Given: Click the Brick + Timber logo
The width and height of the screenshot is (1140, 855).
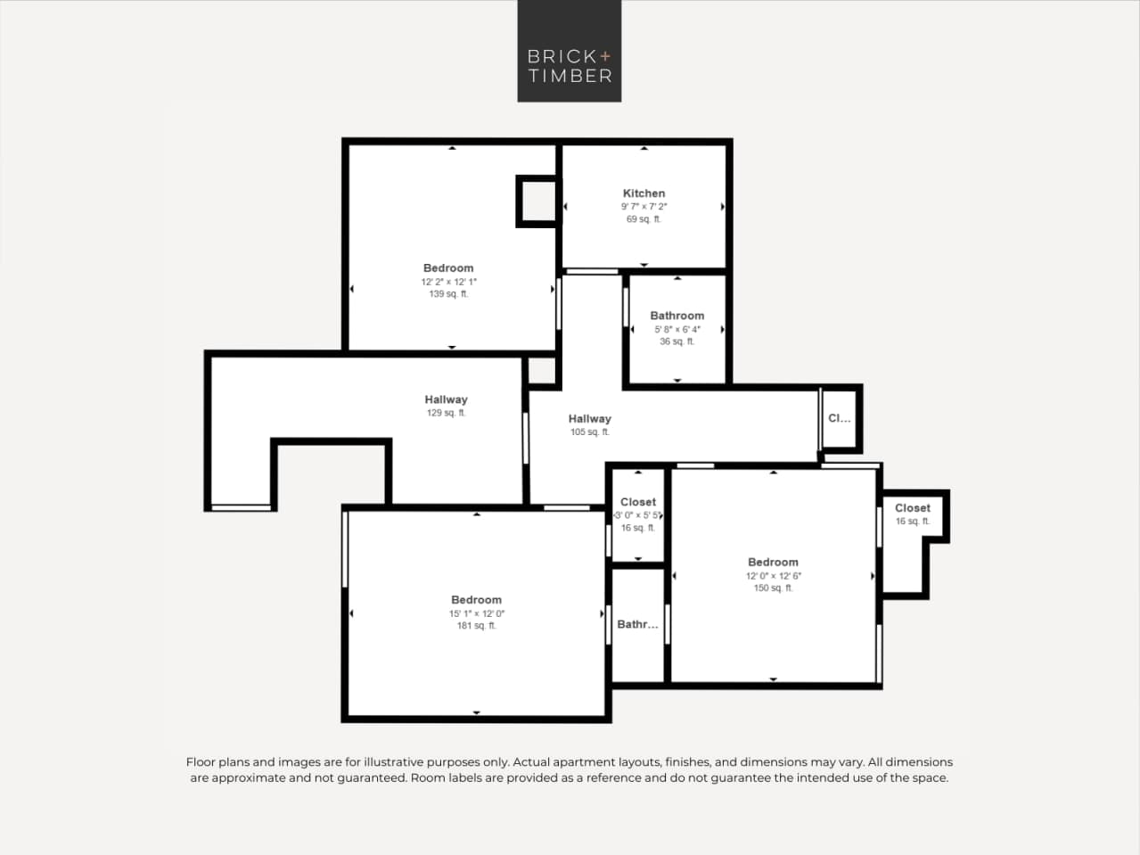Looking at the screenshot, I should [x=570, y=51].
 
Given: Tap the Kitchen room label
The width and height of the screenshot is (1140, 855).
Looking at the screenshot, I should [x=644, y=193].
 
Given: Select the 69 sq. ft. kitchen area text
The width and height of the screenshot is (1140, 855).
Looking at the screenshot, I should [x=644, y=219].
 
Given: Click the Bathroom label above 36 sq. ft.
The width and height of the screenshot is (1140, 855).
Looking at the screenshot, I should [x=677, y=316].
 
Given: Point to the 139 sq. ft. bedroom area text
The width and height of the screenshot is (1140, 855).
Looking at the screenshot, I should [x=448, y=294].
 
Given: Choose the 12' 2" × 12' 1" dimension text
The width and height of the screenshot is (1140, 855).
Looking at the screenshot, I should [x=448, y=282].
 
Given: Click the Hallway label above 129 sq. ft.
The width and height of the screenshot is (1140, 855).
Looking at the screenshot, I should [x=446, y=399].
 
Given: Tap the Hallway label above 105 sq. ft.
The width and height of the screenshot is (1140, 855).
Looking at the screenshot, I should [x=589, y=419].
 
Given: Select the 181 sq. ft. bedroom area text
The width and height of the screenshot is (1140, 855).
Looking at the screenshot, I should [x=476, y=626].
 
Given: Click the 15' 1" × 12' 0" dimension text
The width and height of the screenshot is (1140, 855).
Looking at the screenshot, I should [x=476, y=613].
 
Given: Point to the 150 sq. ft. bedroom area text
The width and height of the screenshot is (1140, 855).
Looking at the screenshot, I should [x=773, y=588].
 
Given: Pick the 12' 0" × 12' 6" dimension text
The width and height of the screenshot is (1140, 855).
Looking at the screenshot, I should [x=773, y=576].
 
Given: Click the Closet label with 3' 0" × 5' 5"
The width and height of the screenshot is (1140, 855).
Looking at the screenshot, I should [x=637, y=503].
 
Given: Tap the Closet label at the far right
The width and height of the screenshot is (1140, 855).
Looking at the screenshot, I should [x=912, y=508].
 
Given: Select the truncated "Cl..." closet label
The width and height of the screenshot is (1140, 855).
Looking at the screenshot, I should [x=839, y=418].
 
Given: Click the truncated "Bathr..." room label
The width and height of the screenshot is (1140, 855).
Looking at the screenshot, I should [x=637, y=624].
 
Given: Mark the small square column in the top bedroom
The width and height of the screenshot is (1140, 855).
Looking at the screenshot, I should [x=537, y=201].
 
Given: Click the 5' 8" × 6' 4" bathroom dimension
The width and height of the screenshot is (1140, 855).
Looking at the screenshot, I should [x=677, y=329].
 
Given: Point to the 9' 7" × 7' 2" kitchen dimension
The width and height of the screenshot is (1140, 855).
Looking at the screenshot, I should [x=644, y=207].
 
